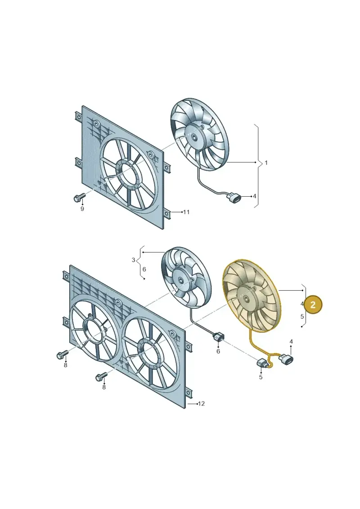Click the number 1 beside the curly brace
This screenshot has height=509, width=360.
point(266,162)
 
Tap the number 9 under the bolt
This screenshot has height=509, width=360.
point(82,209)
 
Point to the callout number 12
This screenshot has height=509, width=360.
point(201,404)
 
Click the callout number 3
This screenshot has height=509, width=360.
point(133,260)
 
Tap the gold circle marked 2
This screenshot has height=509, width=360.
point(313,305)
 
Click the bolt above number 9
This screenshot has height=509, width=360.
point(79,197)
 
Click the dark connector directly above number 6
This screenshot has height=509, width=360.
point(218,338)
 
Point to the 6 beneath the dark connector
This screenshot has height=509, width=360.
point(218,351)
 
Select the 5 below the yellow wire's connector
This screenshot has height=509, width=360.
point(261,377)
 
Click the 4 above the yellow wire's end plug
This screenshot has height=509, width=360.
point(291,342)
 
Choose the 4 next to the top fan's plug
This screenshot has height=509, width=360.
point(255,196)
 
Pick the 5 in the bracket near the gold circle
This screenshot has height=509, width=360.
point(302,316)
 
